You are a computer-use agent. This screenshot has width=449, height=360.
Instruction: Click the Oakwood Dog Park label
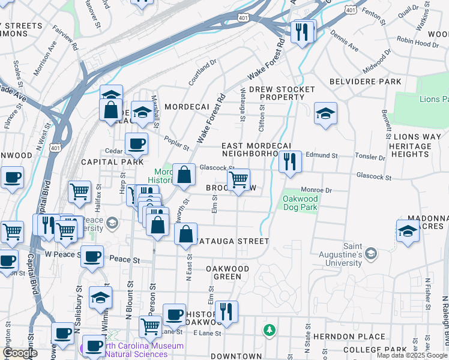pos(300,203)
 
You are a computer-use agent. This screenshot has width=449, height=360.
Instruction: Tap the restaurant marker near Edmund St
pos(289,162)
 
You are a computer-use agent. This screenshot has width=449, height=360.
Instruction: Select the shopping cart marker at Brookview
pos(239,180)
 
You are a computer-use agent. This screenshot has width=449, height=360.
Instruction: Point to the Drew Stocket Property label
pos(282,93)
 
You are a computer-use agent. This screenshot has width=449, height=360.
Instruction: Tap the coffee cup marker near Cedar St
pos(136,144)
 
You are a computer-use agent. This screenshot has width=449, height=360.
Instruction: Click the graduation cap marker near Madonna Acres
pos(408,231)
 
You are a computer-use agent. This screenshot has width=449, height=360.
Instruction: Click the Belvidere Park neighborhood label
pos(365,82)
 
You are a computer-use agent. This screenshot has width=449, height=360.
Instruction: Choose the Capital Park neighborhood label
pos(112,162)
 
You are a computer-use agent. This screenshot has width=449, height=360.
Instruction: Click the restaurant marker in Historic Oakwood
pos(226,311)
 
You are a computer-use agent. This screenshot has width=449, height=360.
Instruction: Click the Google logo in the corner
pos(20,353)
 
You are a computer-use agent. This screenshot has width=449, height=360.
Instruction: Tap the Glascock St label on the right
pos(373,178)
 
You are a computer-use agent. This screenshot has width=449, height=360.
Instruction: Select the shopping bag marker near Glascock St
pos(184,175)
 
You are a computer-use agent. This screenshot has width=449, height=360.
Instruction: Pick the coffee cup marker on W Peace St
pos(92,257)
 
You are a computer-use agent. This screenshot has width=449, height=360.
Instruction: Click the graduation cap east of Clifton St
pos(325,113)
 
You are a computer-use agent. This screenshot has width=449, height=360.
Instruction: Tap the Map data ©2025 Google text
pos(412,355)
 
